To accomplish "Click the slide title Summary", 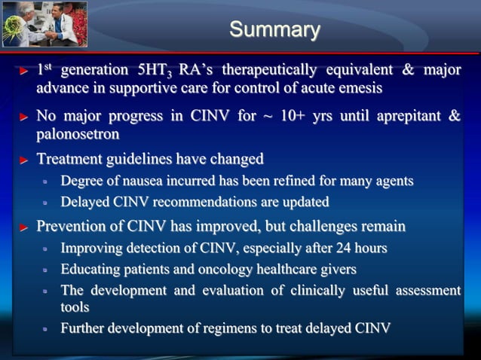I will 274,29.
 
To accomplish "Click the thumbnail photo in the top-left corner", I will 45,24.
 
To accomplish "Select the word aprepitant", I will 410,117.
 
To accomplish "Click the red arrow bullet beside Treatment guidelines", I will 23,160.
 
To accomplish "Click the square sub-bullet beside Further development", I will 44,328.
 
